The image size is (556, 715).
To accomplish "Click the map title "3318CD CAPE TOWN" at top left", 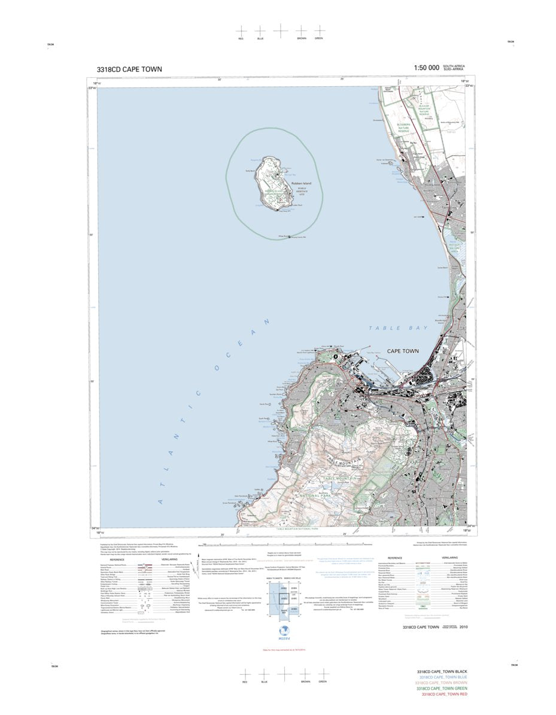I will pyautogui.click(x=129, y=69).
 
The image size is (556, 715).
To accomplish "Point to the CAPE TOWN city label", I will pyautogui.click(x=403, y=351).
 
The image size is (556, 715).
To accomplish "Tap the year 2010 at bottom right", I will pyautogui.click(x=463, y=626).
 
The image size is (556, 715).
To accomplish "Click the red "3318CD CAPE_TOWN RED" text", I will pyautogui.click(x=444, y=695).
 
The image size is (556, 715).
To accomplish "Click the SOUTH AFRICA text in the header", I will pyautogui.click(x=454, y=66).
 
